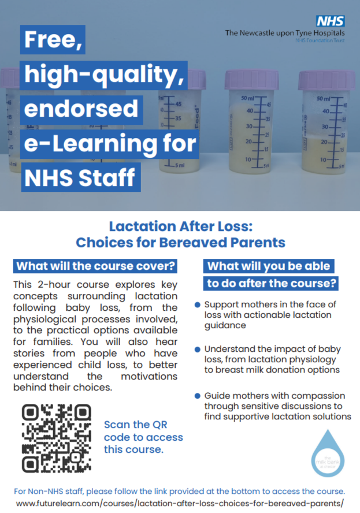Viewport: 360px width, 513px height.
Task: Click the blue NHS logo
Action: click(x=331, y=21)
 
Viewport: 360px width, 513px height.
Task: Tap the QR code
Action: click(x=57, y=438)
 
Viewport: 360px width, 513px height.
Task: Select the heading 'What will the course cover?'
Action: click(x=96, y=266)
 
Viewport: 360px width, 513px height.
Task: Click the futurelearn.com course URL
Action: click(x=180, y=503)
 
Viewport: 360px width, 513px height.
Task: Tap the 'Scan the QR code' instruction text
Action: click(x=143, y=437)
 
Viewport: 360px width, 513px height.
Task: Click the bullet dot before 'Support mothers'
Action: click(x=198, y=304)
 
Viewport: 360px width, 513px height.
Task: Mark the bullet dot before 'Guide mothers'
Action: click(x=198, y=396)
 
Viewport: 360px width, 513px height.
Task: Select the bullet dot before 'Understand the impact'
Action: click(x=198, y=350)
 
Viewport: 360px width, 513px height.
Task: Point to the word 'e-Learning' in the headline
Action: click(x=110, y=143)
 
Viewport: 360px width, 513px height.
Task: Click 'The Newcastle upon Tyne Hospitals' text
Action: click(x=284, y=33)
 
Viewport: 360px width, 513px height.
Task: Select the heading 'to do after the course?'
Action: click(x=271, y=284)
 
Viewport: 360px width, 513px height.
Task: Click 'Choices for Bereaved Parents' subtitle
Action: click(x=180, y=243)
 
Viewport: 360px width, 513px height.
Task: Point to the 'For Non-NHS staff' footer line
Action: click(x=180, y=491)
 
